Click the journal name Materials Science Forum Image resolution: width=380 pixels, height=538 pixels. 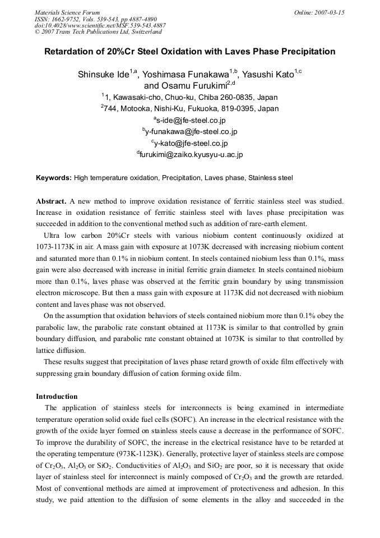click(x=67, y=12)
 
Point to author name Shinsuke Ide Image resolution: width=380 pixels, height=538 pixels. click(x=104, y=75)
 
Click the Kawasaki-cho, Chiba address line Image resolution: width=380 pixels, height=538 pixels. click(x=189, y=97)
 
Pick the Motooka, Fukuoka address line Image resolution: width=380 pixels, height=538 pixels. click(x=189, y=108)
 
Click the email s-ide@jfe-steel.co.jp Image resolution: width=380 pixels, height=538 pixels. click(x=189, y=120)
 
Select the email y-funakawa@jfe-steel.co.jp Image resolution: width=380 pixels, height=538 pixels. click(x=189, y=131)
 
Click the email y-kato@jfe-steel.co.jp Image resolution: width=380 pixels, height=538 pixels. click(x=189, y=143)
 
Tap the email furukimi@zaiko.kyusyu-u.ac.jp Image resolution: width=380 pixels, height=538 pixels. click(x=189, y=154)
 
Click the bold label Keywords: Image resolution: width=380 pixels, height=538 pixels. click(x=54, y=178)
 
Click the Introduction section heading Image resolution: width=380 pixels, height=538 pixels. click(x=57, y=396)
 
